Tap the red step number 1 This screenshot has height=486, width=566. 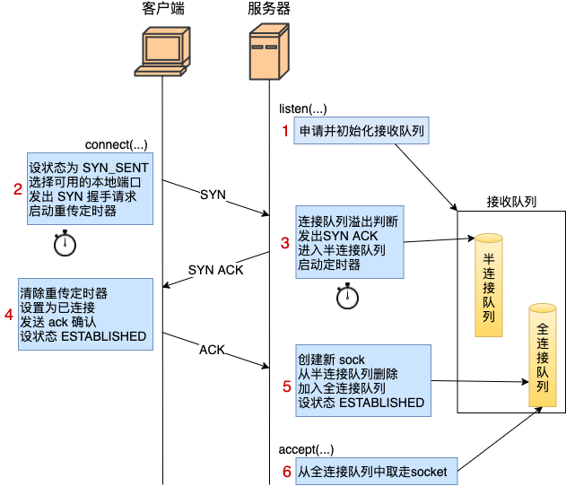pyautogui.click(x=286, y=131)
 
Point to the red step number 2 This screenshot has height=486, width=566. pyautogui.click(x=17, y=188)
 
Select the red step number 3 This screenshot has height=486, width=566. pyautogui.click(x=285, y=242)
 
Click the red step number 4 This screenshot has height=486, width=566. pyautogui.click(x=9, y=314)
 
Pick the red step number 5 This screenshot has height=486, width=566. pyautogui.click(x=287, y=386)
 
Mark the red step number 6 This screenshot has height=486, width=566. pyautogui.click(x=287, y=472)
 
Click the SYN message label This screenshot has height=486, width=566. pyautogui.click(x=213, y=195)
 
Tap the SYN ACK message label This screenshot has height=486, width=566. pyautogui.click(x=215, y=270)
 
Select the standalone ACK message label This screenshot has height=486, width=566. pyautogui.click(x=212, y=350)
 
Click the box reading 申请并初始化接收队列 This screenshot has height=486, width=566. pyautogui.click(x=361, y=131)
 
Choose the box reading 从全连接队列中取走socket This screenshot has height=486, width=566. pyautogui.click(x=371, y=472)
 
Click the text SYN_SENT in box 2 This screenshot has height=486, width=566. pyautogui.click(x=115, y=168)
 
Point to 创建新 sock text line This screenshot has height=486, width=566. pyautogui.click(x=332, y=360)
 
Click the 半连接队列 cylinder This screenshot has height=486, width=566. pyautogui.click(x=489, y=285)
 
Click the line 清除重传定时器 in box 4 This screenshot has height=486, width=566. pyautogui.click(x=64, y=293)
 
